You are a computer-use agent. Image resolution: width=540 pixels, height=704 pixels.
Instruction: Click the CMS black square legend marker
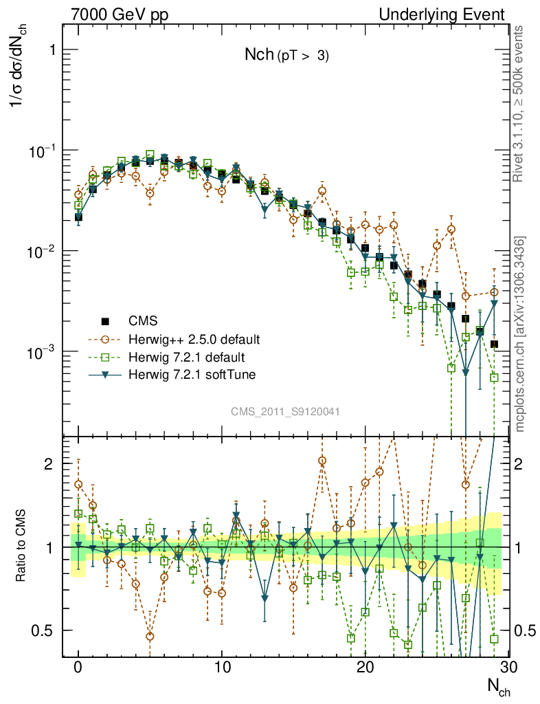tap(105, 321)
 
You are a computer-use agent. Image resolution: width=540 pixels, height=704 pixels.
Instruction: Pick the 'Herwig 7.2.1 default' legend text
tap(186, 357)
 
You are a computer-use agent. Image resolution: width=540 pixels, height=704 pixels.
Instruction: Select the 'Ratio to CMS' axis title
tap(23, 547)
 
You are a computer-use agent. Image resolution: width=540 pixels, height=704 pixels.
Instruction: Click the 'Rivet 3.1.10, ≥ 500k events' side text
tap(519, 103)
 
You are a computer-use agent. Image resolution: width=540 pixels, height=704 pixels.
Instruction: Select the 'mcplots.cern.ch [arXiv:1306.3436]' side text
tap(520, 334)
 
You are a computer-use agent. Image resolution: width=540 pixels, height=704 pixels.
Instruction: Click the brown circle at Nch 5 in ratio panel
tap(150, 637)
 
